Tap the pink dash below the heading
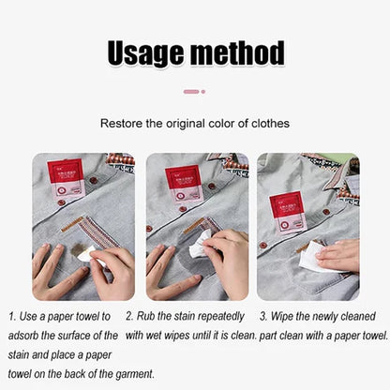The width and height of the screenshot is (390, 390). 190,92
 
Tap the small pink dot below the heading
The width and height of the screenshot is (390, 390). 202,92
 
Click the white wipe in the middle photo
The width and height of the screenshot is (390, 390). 199,246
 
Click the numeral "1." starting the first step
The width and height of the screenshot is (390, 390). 11,317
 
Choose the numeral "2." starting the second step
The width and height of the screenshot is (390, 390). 129,317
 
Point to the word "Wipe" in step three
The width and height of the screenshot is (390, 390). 287,317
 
